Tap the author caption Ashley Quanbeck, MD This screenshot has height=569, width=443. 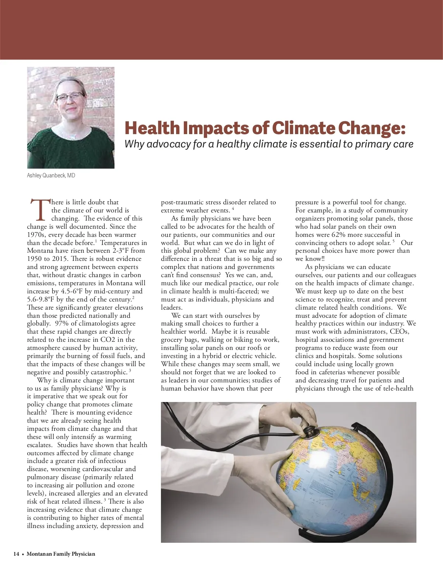pos(51,176)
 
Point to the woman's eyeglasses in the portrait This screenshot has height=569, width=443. pos(70,97)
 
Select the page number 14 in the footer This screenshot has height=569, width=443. pos(16,554)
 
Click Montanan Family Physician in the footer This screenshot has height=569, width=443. pos(61,554)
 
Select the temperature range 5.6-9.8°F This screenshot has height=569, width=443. pos(41,299)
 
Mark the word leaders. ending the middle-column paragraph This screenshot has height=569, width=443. pos(172,307)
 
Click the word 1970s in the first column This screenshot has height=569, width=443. pos(37,235)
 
